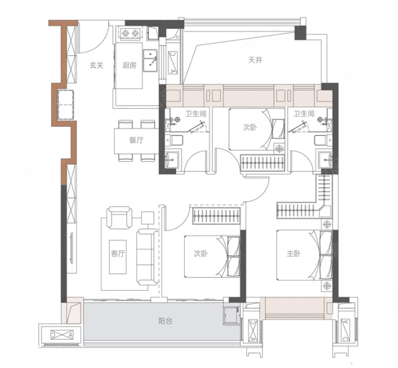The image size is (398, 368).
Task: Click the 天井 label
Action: pyautogui.click(x=255, y=60)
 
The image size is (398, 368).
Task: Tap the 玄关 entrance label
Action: pyautogui.click(x=97, y=66)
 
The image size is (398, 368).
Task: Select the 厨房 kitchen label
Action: pyautogui.click(x=129, y=66)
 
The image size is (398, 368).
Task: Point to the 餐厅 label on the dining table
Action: pyautogui.click(x=137, y=140)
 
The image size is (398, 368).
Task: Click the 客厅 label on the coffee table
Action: pyautogui.click(x=118, y=254)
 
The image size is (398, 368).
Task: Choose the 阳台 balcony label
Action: pyautogui.click(x=166, y=321)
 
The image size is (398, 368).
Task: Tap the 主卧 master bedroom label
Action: pyautogui.click(x=294, y=253)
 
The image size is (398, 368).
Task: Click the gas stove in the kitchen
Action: pyautogui.click(x=131, y=33)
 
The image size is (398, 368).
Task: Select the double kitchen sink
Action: pyautogui.click(x=151, y=61)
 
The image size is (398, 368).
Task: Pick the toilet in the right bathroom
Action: pyautogui.click(x=323, y=140)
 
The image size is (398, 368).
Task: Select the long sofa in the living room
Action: pyautogui.click(x=148, y=257)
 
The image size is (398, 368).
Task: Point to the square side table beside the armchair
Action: pyautogui.click(x=148, y=217)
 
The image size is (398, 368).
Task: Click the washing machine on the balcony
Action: pyautogui.click(x=231, y=316)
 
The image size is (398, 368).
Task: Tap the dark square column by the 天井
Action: pyautogui.click(x=301, y=33)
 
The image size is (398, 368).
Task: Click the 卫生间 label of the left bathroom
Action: pyautogui.click(x=196, y=114)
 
